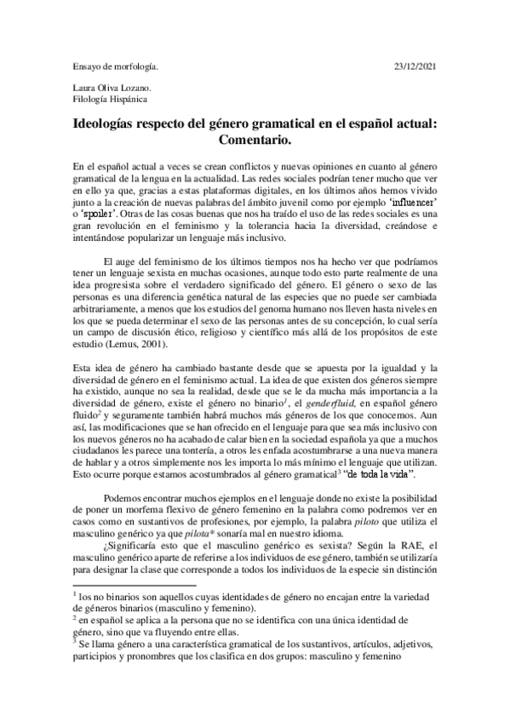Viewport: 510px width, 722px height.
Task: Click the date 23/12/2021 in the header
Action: click(412, 66)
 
